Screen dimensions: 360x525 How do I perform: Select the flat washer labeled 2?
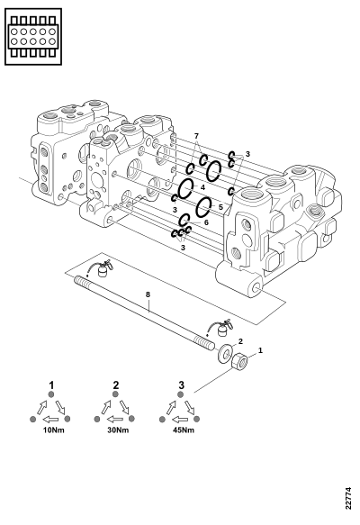pos(225,352)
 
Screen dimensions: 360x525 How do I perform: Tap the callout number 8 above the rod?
pos(148,294)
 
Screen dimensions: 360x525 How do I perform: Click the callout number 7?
pos(196,136)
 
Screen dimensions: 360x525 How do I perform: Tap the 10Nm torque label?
pos(53,430)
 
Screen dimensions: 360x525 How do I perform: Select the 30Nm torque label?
pos(118,430)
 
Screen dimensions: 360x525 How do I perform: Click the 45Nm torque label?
pos(184,430)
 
